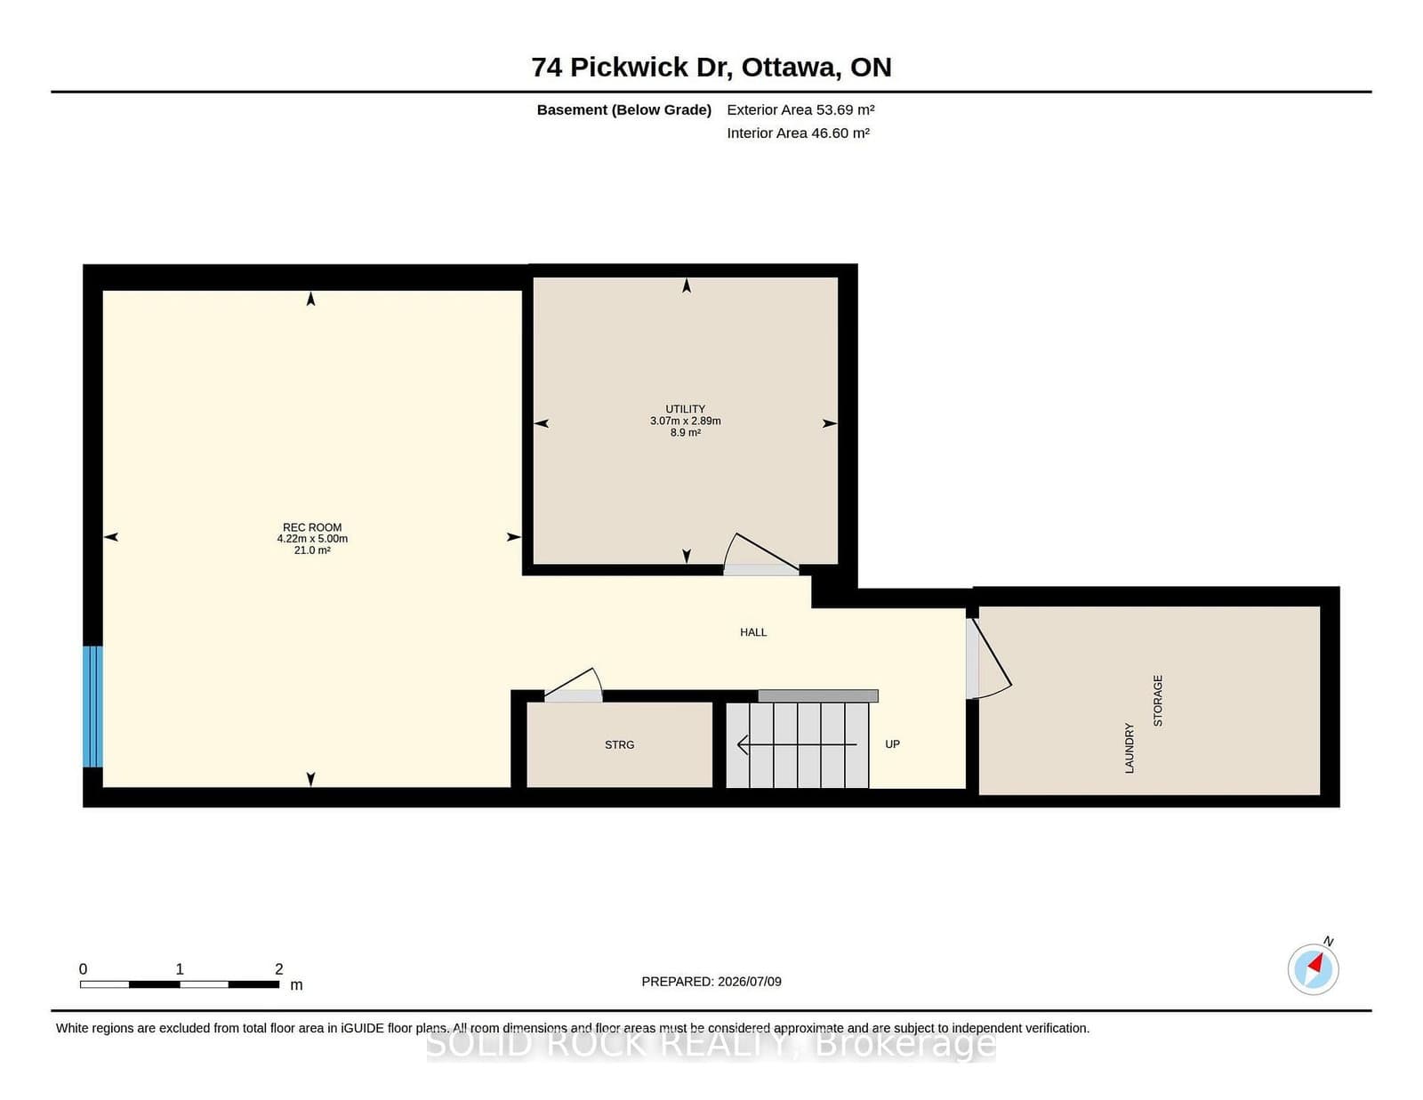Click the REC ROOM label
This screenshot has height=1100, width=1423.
[312, 527]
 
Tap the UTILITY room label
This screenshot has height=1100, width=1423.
[685, 409]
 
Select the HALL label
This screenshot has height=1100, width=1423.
[753, 632]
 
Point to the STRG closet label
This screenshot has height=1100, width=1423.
[620, 745]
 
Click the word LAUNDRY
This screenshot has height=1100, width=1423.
[1130, 748]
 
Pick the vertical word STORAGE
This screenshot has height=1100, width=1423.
[1158, 701]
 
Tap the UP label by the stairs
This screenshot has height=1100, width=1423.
[893, 744]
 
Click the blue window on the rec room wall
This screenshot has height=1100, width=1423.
[92, 706]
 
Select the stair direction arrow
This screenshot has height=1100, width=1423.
[797, 745]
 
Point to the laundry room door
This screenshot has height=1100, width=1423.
[989, 659]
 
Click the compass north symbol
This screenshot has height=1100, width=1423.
[1313, 969]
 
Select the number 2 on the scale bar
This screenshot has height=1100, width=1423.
[279, 969]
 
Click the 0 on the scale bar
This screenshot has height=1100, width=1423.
[84, 969]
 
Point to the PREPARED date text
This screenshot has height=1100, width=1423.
[711, 982]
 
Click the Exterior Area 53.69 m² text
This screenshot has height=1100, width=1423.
[800, 110]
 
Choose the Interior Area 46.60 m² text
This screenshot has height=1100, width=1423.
[798, 132]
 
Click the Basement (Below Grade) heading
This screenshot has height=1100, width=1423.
[624, 110]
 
